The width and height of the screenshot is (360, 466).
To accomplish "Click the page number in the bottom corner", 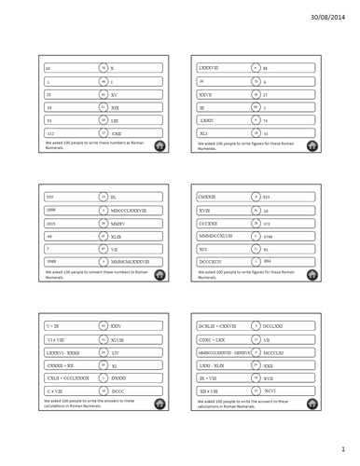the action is [343, 449].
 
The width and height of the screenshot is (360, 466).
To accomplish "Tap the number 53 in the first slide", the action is [50, 120].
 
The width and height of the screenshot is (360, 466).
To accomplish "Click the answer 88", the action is [266, 68].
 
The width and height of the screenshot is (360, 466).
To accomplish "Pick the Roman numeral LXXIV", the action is [206, 120].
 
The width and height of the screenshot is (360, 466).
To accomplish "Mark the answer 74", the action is [266, 120].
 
